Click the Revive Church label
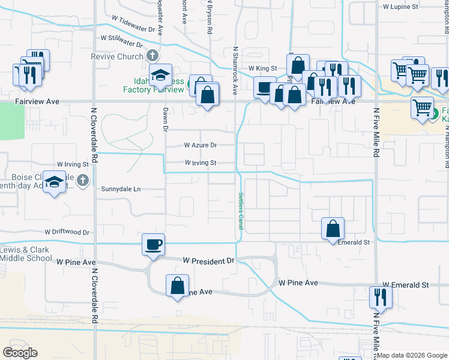(117, 56)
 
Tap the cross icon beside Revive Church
(152, 56)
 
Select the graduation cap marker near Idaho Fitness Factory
(160, 76)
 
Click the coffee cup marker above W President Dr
(153, 245)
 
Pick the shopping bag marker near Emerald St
(333, 229)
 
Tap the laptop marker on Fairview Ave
(265, 88)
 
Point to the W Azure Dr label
(200, 145)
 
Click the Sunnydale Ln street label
(121, 189)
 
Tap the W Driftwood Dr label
(67, 232)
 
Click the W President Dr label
(208, 261)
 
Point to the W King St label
(262, 69)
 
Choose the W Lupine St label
(400, 7)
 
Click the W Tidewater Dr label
(133, 24)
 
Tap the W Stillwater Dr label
(121, 41)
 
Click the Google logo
(20, 352)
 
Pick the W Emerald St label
(405, 285)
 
